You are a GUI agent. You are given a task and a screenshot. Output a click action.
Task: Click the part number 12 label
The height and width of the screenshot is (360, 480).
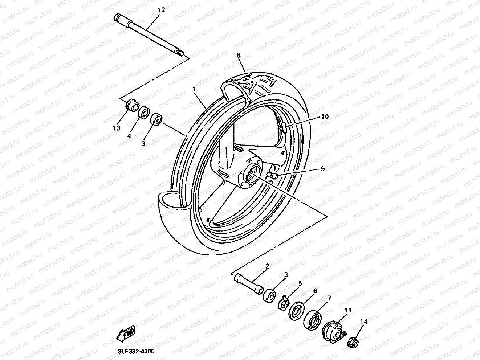coord(161,10)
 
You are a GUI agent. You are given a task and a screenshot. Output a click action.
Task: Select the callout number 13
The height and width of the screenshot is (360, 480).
coord(116,128)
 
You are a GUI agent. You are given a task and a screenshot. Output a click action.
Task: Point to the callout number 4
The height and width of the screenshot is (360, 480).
coord(129,136)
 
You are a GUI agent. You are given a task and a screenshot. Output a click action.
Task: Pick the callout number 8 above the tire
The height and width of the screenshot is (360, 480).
coord(239,55)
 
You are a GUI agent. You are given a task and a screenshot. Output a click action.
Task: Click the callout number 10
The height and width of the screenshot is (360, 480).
coord(325,117)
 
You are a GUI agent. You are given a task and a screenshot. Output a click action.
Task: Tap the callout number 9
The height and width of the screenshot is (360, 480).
coord(322,169)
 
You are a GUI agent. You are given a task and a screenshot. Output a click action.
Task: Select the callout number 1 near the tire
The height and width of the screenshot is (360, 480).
coord(194,89)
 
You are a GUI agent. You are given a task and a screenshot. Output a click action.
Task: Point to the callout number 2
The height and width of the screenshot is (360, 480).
coord(267,266)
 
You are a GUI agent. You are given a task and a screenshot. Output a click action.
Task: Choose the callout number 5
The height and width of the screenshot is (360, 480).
coord(300,283)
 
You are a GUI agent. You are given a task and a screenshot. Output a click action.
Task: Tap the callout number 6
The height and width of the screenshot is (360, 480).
coord(315,291)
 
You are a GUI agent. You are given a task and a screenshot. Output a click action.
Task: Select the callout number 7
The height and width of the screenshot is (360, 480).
coord(329,298)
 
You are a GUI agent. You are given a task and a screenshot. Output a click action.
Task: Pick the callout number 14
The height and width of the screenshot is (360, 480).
coord(364,322)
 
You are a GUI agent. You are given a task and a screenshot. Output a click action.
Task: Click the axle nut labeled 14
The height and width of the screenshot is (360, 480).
coord(353,341)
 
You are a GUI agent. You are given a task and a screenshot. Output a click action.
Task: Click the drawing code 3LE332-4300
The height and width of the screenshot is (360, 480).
coord(136,352)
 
